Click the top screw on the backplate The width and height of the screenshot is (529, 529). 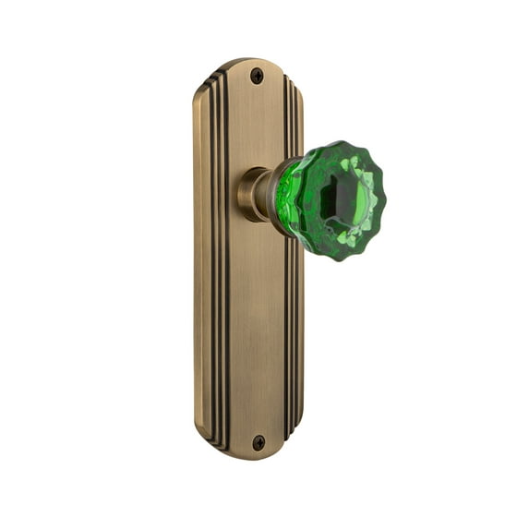pyautogui.click(x=258, y=77)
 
